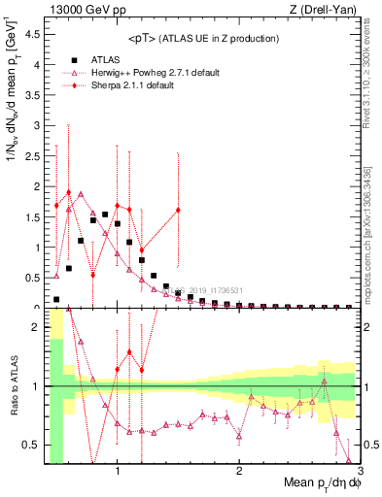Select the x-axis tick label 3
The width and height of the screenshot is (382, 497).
[x=360, y=473]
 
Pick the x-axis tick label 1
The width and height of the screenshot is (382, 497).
[x=118, y=473]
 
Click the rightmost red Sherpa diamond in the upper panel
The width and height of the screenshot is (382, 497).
[x=178, y=210]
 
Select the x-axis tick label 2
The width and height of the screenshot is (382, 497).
[x=239, y=473]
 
